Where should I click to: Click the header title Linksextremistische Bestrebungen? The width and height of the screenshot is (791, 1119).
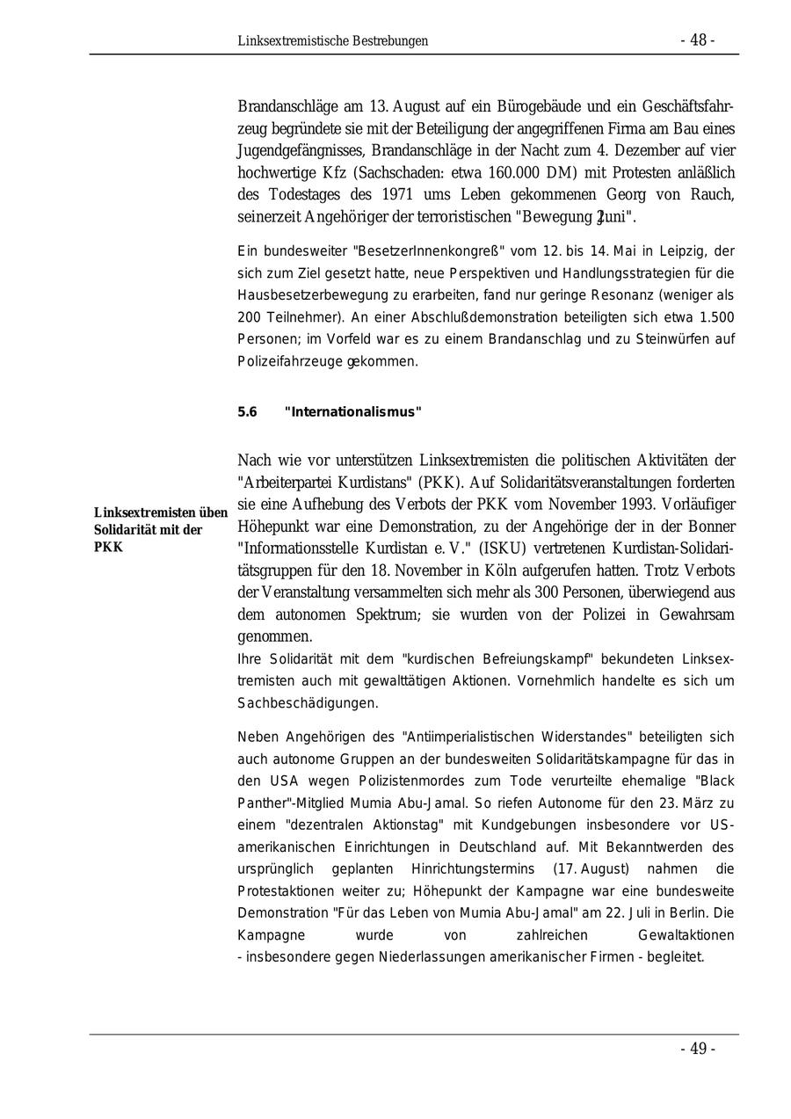click(332, 41)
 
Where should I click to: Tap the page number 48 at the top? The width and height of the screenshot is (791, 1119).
click(698, 40)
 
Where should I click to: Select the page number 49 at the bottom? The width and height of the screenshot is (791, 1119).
click(698, 1048)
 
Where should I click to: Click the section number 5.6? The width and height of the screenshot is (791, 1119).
click(247, 412)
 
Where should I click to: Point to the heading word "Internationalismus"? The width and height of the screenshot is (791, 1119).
click(353, 412)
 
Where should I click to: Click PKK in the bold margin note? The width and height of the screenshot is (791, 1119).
click(108, 547)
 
